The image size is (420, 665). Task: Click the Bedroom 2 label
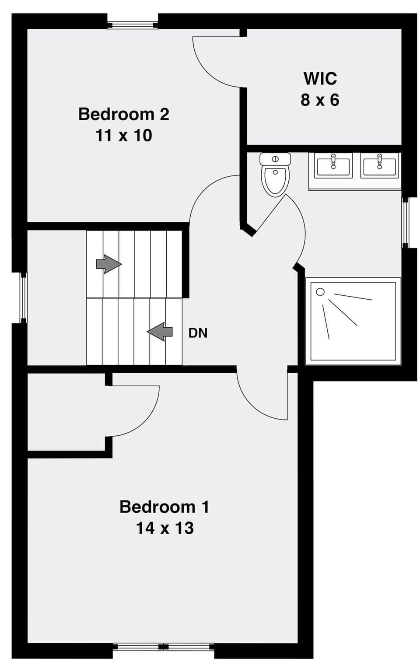[x=123, y=114]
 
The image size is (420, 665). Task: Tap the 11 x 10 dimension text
[x=123, y=136]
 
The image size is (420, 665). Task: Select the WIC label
[x=320, y=79]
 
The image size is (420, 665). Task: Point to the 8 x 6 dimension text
[x=320, y=100]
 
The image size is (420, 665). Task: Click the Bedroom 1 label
[x=164, y=507]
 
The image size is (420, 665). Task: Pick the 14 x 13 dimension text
[x=164, y=528]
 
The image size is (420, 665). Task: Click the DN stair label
[x=198, y=333]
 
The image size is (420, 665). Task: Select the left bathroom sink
[x=333, y=166]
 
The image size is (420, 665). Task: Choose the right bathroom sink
[x=379, y=166]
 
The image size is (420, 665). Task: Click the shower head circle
[x=320, y=291]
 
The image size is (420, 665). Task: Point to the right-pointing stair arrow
[x=108, y=264]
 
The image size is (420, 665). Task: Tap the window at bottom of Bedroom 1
[x=163, y=647]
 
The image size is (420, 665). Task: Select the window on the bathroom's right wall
[x=405, y=222]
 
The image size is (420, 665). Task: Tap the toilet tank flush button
[x=275, y=158]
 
